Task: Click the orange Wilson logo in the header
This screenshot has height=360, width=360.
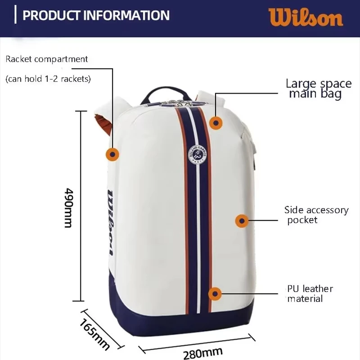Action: (306, 17)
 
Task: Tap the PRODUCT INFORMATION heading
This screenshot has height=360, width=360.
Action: (96, 15)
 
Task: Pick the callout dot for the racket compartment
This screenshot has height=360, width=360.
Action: (112, 154)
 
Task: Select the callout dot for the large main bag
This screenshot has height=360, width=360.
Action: (216, 123)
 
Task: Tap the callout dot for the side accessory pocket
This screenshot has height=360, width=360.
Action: (242, 220)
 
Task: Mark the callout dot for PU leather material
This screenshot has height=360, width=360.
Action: (216, 294)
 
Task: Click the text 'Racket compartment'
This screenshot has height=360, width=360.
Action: (47, 59)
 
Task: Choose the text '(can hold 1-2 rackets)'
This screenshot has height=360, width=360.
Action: (48, 79)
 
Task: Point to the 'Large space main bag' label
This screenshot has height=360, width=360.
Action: (318, 89)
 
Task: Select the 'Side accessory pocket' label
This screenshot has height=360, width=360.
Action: (316, 215)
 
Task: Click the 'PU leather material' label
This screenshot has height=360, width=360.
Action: (310, 293)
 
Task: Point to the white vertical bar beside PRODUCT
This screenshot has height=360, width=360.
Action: (16, 15)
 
